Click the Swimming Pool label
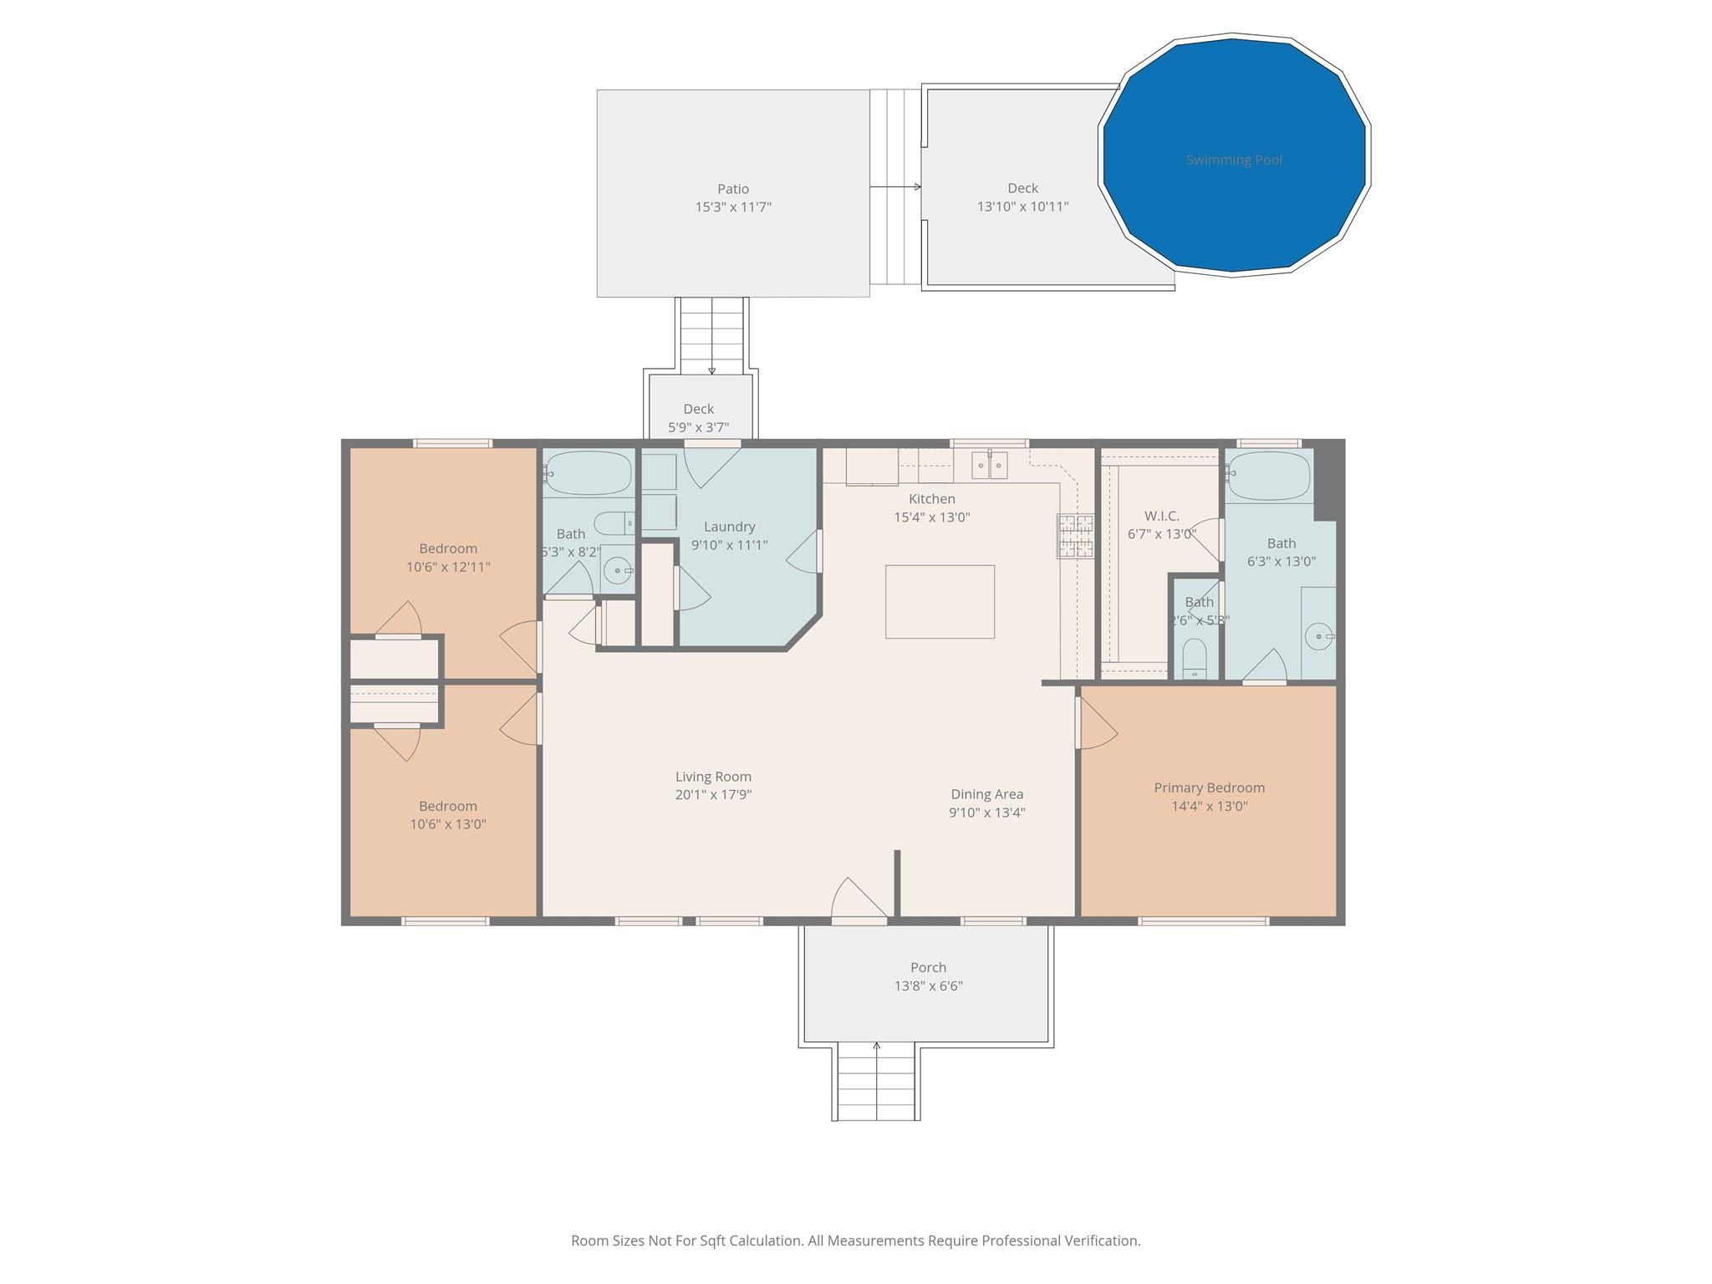click(1234, 160)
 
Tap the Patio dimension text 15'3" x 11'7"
click(733, 206)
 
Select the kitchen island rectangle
click(940, 601)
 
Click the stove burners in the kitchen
click(1075, 536)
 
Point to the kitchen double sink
click(991, 465)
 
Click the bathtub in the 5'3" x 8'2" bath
click(589, 473)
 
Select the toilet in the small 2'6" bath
click(1195, 660)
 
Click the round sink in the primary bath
click(1319, 637)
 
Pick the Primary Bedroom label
click(1209, 787)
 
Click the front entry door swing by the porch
click(859, 900)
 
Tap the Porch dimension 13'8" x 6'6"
click(928, 986)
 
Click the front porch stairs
click(876, 1084)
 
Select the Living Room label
click(713, 777)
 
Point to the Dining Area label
click(986, 794)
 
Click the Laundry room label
click(729, 527)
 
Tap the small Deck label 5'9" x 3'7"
click(698, 418)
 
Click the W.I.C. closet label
click(1161, 516)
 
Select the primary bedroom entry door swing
click(1097, 724)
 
